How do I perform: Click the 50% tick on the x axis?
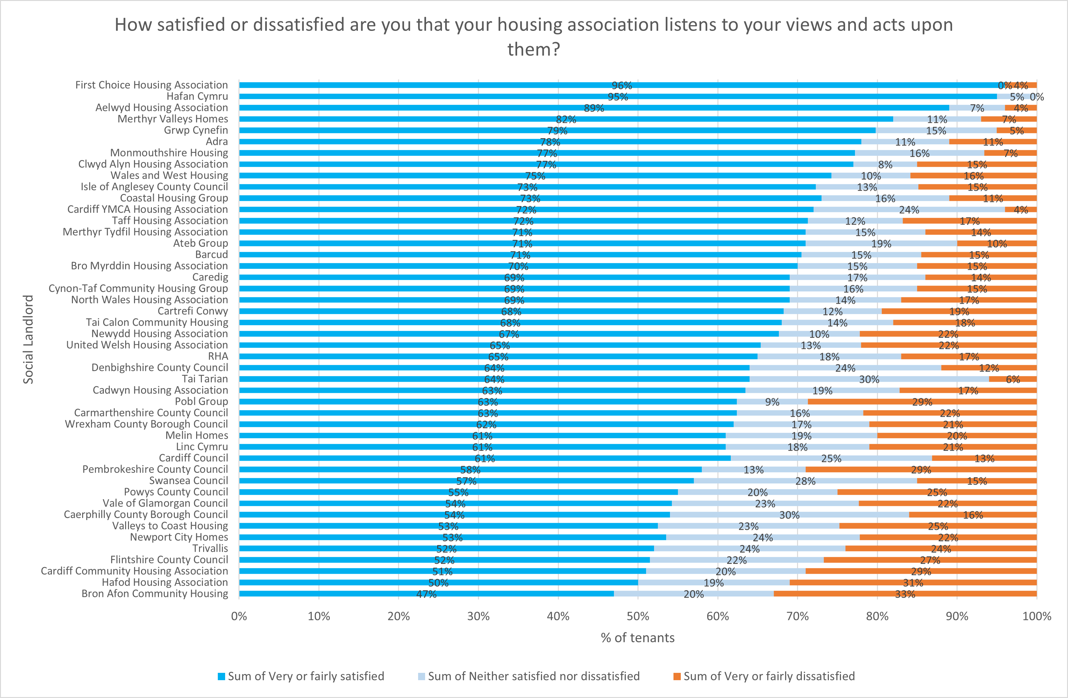click(x=638, y=616)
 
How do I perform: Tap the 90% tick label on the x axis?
click(x=957, y=616)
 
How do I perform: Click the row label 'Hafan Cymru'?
click(x=197, y=96)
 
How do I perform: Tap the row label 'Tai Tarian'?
click(x=205, y=379)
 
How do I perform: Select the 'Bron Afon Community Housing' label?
click(x=154, y=594)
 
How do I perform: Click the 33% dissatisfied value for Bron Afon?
click(x=905, y=594)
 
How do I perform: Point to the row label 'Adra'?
click(x=217, y=142)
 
